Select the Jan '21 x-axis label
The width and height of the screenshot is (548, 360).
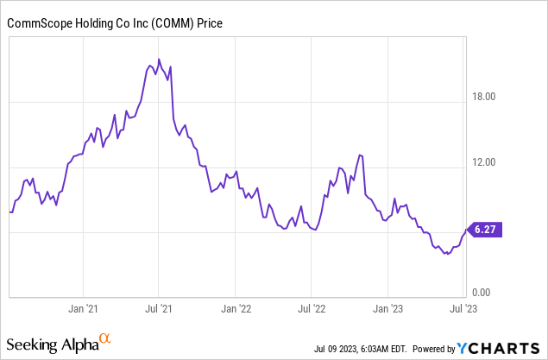pyautogui.click(x=82, y=307)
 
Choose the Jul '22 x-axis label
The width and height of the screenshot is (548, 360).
pyautogui.click(x=311, y=307)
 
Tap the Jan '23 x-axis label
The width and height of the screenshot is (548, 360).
pyautogui.click(x=387, y=307)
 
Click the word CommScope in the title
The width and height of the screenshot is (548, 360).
pyautogui.click(x=38, y=24)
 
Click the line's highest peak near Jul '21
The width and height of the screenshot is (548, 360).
pyautogui.click(x=159, y=60)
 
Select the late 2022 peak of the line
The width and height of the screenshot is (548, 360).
pyautogui.click(x=359, y=155)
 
